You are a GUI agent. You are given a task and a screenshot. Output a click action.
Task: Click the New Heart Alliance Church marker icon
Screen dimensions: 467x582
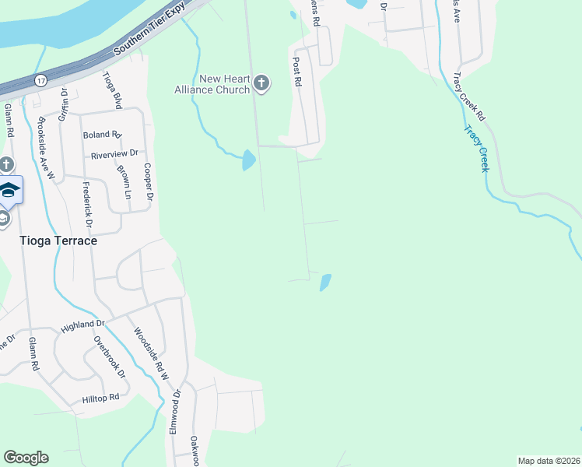click(x=261, y=83)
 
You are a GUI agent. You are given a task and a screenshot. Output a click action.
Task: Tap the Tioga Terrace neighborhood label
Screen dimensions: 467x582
click(x=59, y=241)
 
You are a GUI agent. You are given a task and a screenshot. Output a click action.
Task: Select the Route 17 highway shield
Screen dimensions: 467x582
click(x=40, y=80)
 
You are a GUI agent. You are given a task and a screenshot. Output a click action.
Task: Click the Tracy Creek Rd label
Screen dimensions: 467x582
click(x=468, y=97)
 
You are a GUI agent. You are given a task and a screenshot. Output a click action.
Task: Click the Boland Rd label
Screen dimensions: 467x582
click(x=103, y=135)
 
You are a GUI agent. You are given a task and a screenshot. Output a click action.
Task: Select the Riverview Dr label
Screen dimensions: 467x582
click(x=114, y=154)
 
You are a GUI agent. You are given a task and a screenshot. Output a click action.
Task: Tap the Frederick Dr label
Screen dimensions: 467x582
click(x=88, y=205)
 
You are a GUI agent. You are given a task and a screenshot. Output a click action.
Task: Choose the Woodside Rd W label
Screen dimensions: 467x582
click(x=150, y=354)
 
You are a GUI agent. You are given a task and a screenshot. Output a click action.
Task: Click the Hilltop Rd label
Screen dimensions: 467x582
click(x=100, y=398)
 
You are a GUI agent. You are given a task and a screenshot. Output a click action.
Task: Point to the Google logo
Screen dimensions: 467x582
click(x=26, y=458)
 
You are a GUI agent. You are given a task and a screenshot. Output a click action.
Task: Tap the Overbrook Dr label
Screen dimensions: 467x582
click(x=110, y=356)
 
